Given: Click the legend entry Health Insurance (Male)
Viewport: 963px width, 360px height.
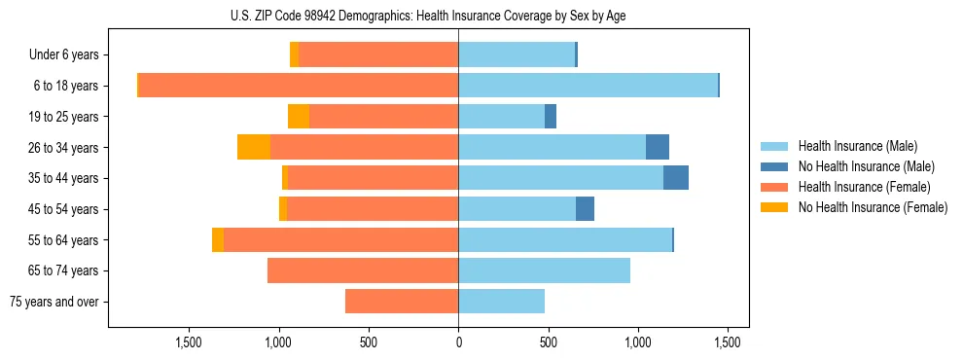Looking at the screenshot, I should pyautogui.click(x=857, y=146).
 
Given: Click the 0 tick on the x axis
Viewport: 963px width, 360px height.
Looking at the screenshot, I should pyautogui.click(x=458, y=342).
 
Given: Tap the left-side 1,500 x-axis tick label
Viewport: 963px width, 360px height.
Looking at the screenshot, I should pyautogui.click(x=188, y=342).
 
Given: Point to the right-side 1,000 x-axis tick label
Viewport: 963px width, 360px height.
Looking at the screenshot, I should pyautogui.click(x=638, y=342).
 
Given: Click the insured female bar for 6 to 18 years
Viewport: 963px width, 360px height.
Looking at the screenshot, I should pyautogui.click(x=299, y=86).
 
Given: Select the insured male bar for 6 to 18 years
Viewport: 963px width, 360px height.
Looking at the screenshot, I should pyautogui.click(x=588, y=86).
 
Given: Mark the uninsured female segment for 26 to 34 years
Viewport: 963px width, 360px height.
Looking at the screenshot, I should pyautogui.click(x=254, y=147).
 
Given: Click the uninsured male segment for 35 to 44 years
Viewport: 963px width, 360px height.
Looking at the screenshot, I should pyautogui.click(x=676, y=178).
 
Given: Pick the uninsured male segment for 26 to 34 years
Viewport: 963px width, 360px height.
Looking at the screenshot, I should pyautogui.click(x=658, y=147).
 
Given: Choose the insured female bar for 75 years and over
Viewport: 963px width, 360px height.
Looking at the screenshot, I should pyautogui.click(x=402, y=302).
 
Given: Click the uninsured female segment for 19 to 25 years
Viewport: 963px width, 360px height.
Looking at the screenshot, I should pyautogui.click(x=299, y=117).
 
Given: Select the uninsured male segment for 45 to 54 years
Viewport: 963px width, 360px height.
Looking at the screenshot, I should pyautogui.click(x=585, y=209).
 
